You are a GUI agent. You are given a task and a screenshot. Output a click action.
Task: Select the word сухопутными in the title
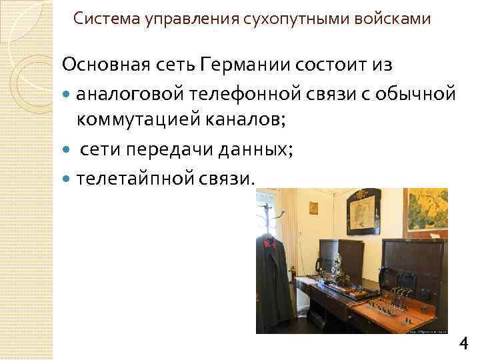coord(273,19)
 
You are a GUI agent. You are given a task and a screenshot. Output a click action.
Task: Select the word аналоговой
coord(127,93)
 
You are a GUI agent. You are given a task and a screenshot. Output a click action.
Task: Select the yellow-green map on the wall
coord(427,209)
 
